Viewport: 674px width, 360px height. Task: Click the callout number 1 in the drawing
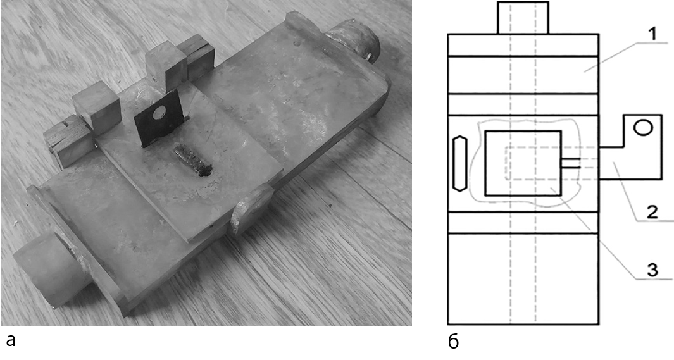(652, 35)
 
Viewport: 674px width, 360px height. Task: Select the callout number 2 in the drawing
(652, 212)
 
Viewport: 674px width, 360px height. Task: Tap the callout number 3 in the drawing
(652, 270)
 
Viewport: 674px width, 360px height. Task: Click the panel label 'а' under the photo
(11, 340)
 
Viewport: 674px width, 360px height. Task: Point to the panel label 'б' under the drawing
(454, 342)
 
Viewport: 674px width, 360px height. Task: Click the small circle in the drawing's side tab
(643, 128)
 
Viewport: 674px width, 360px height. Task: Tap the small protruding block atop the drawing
(523, 18)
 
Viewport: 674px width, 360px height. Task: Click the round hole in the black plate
(159, 113)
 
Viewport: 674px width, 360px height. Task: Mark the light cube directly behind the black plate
(166, 69)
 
